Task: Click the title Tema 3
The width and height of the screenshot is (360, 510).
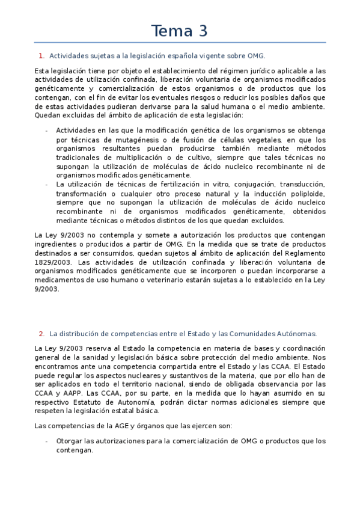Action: pos(180,30)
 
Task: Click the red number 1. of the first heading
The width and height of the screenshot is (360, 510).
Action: pos(41,56)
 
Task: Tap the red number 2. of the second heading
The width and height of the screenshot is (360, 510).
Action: pos(41,333)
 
